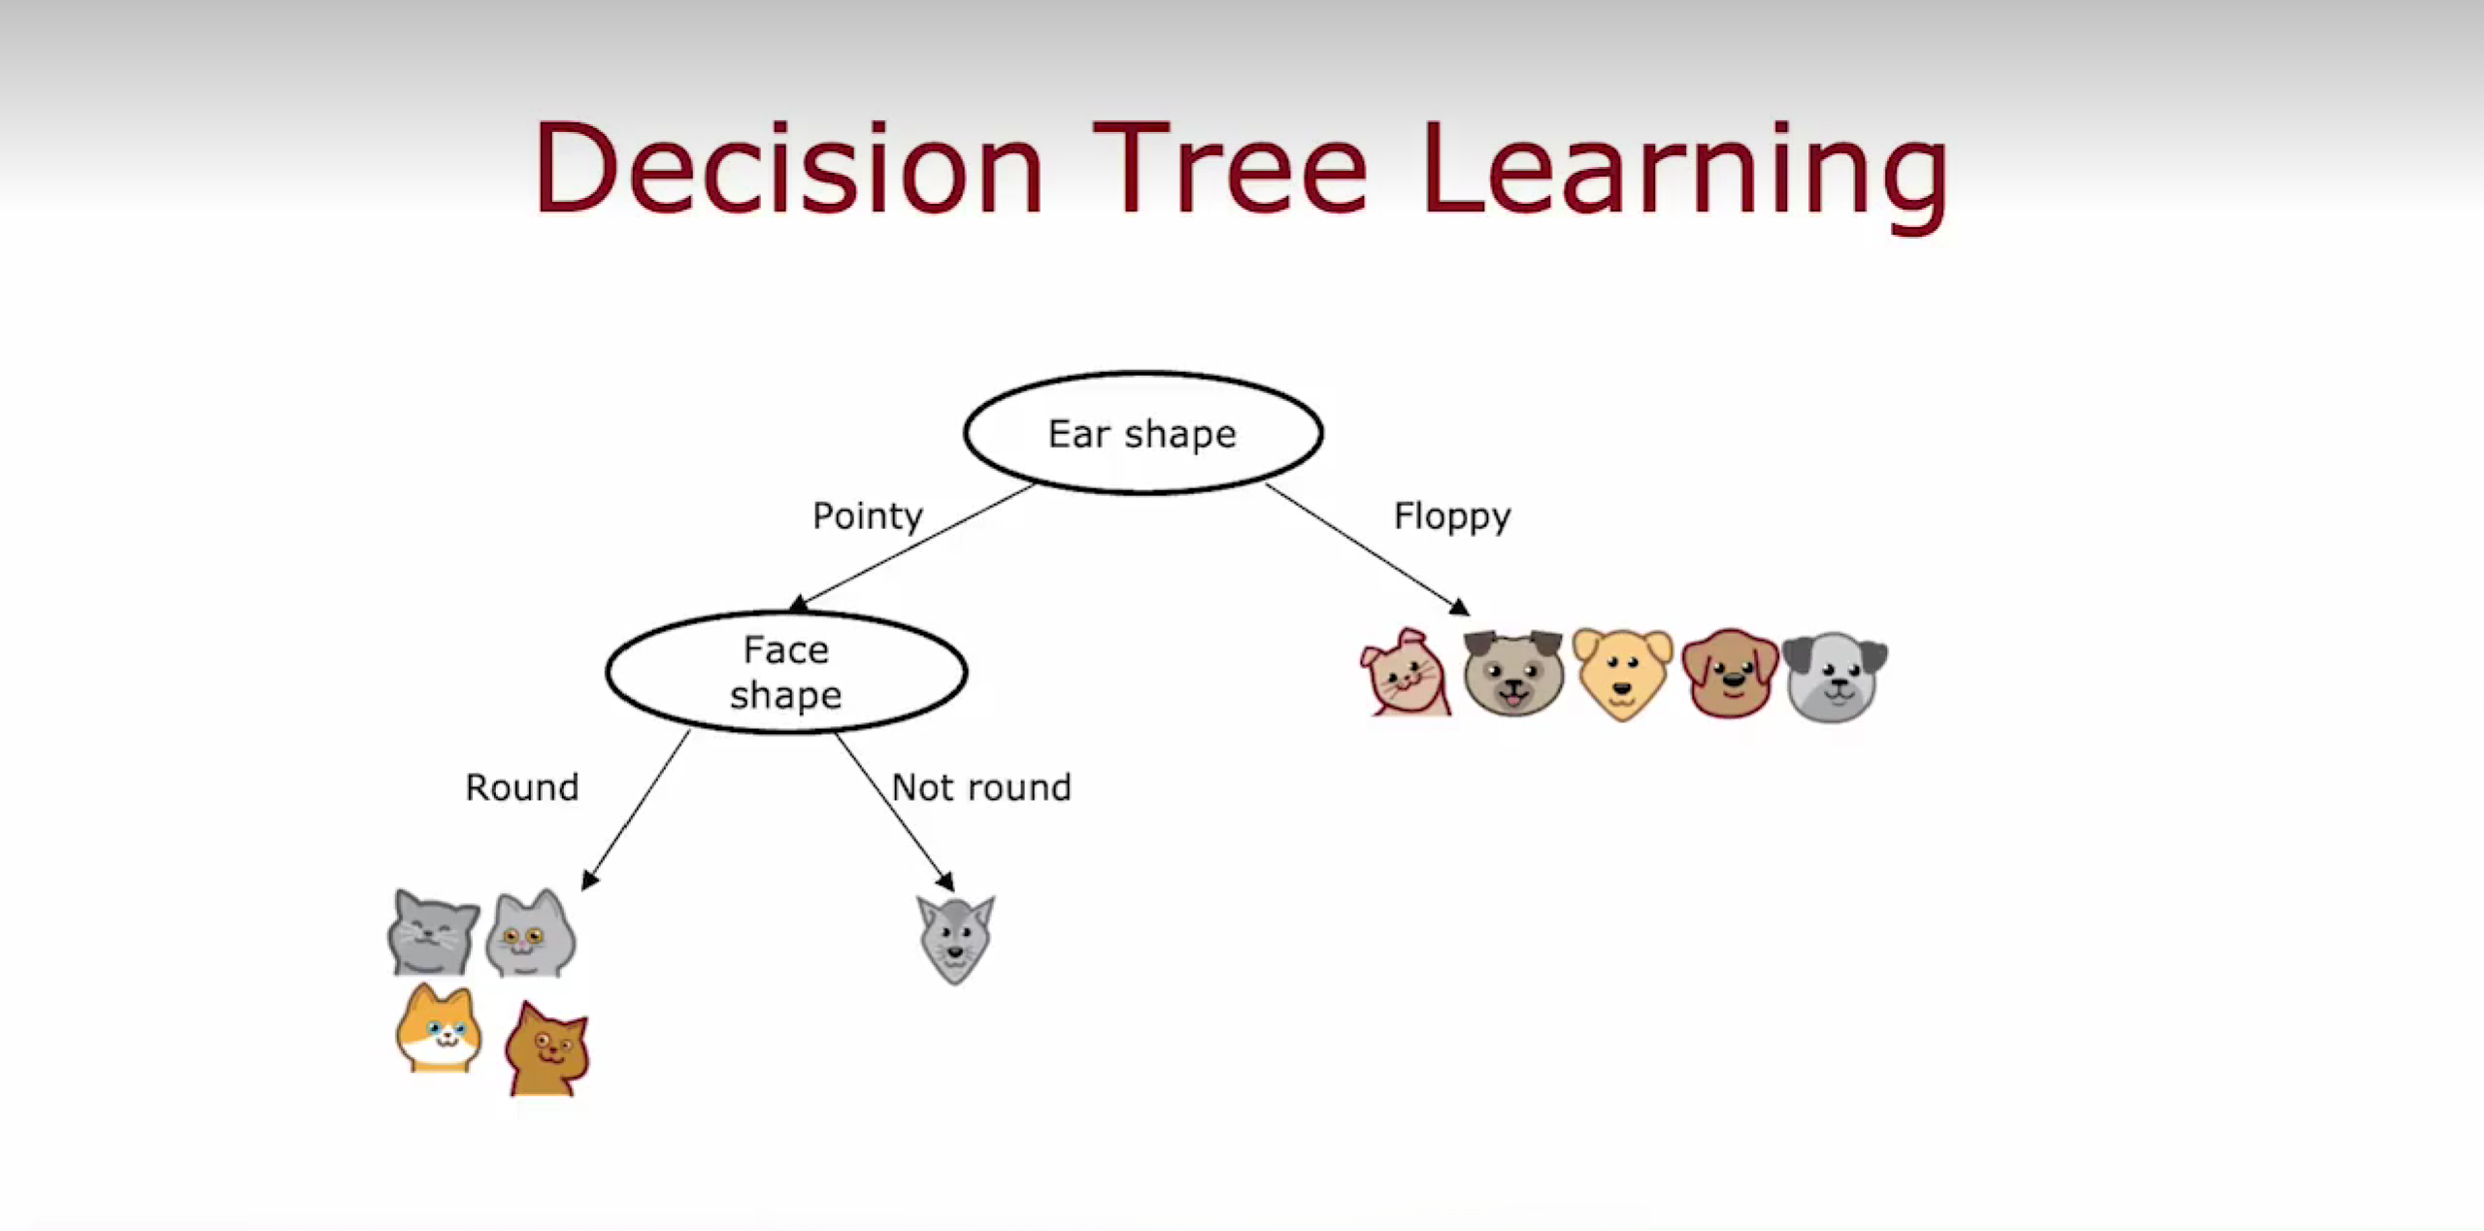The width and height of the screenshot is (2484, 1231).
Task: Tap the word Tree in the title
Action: point(1230,167)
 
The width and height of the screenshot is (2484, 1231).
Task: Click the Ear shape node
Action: point(1143,433)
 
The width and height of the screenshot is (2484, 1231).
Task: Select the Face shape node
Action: point(786,672)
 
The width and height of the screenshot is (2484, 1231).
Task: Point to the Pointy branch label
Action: point(867,516)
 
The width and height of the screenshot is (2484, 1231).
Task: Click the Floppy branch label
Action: point(1452,516)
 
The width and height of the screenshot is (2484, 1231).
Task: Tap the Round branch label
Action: point(522,787)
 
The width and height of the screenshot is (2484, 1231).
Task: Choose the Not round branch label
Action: point(981,787)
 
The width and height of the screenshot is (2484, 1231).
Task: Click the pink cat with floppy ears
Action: point(1406,672)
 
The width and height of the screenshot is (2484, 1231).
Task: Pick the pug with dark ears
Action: point(1513,673)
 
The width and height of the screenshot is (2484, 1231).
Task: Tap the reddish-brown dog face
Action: point(1730,673)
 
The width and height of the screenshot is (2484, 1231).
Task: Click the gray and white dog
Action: point(1835,677)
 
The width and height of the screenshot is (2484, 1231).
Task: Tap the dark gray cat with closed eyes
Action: point(433,932)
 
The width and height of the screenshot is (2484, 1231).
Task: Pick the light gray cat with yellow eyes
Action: point(530,933)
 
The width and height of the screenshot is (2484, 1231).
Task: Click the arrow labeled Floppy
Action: point(1368,549)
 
